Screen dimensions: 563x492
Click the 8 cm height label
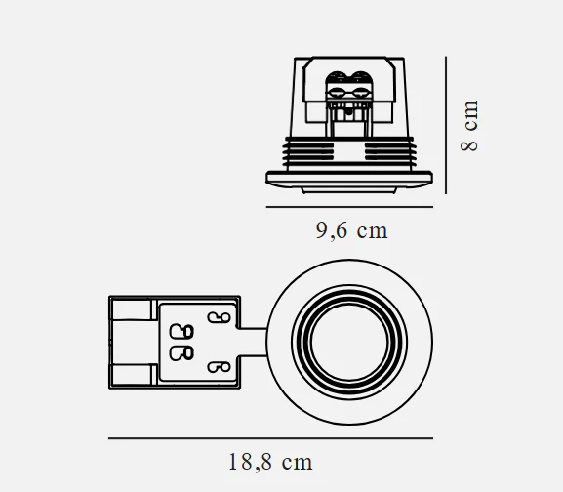469,126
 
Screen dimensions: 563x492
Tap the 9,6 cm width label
352,230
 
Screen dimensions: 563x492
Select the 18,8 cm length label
270,462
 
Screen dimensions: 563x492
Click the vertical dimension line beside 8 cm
446,125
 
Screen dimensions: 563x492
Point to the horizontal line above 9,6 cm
349,207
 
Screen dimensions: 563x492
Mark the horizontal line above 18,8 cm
270,438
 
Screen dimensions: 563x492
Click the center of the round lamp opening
349,343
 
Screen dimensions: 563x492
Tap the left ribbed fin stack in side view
307,152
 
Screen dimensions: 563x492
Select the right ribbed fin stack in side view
390,152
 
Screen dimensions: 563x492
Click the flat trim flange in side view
349,179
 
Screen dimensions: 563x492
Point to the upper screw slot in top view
219,317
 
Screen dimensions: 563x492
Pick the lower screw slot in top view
219,367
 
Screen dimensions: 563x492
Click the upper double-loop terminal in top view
181,331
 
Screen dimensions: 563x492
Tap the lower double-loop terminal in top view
181,353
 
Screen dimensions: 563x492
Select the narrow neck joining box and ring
253,343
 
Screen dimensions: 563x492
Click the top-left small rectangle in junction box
132,309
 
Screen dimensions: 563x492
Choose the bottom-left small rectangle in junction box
132,375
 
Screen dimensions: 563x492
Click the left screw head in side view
337,93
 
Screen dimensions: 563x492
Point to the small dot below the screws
348,112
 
